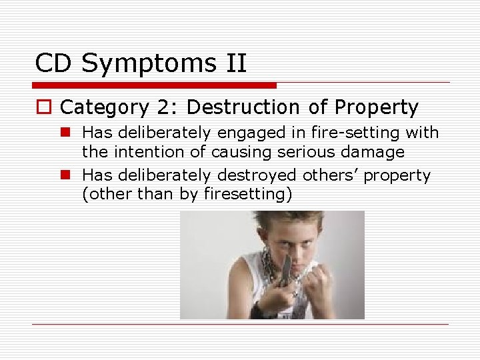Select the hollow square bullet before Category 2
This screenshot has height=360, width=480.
coord(45,108)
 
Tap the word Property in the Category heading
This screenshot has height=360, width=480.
coord(376,107)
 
